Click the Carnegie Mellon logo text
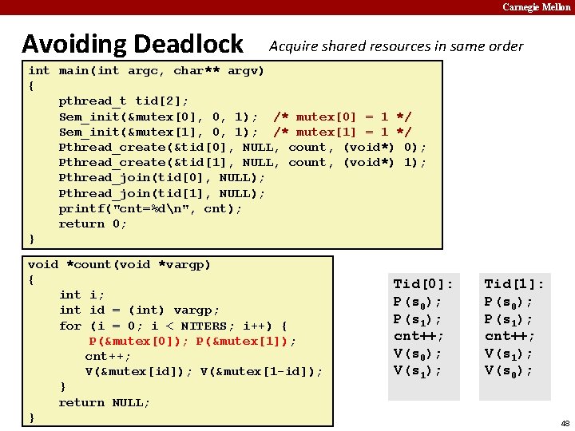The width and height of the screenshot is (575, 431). point(536,7)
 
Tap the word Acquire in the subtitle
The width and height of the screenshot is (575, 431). point(293,46)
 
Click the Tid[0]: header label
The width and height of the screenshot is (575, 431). point(423,284)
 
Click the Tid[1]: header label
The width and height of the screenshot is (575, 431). point(514,284)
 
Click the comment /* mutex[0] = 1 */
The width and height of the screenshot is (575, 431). point(343,117)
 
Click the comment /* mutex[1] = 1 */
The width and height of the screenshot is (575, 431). point(343,132)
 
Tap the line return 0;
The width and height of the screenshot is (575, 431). point(93,223)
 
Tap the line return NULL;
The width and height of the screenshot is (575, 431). point(104,402)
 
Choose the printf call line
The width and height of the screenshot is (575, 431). point(150,208)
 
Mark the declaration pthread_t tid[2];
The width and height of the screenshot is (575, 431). point(124,101)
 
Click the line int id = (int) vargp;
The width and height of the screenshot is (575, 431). point(139,310)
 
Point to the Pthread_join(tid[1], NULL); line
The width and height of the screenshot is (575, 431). point(161,193)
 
